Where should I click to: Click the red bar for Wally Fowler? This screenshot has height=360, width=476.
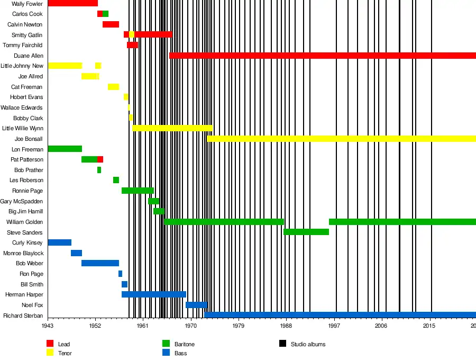tap(72, 3)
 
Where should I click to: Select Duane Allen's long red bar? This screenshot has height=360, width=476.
tap(323, 56)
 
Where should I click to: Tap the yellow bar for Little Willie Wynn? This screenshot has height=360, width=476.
tap(172, 128)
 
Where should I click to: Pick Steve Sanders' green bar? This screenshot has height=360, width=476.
tap(306, 232)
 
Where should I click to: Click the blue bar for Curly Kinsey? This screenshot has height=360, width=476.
tap(59, 242)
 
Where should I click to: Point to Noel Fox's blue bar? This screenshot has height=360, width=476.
tap(196, 305)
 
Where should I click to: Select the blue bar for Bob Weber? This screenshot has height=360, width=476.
tap(100, 263)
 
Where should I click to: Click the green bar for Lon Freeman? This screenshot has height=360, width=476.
tap(65, 149)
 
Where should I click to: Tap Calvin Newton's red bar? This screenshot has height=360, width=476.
tap(111, 24)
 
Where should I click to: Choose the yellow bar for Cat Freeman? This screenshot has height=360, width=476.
tap(113, 87)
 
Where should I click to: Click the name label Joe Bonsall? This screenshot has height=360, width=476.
tap(29, 139)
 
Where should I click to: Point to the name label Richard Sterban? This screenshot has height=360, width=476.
tap(23, 316)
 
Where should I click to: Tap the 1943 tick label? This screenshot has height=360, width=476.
tap(48, 326)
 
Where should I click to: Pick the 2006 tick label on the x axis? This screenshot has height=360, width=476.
tap(381, 326)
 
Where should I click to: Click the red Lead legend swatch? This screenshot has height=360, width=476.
tap(50, 344)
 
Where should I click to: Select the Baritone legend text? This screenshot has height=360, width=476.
tap(185, 345)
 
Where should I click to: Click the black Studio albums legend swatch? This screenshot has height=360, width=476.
tap(282, 344)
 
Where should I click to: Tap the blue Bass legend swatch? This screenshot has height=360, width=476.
tap(166, 353)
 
